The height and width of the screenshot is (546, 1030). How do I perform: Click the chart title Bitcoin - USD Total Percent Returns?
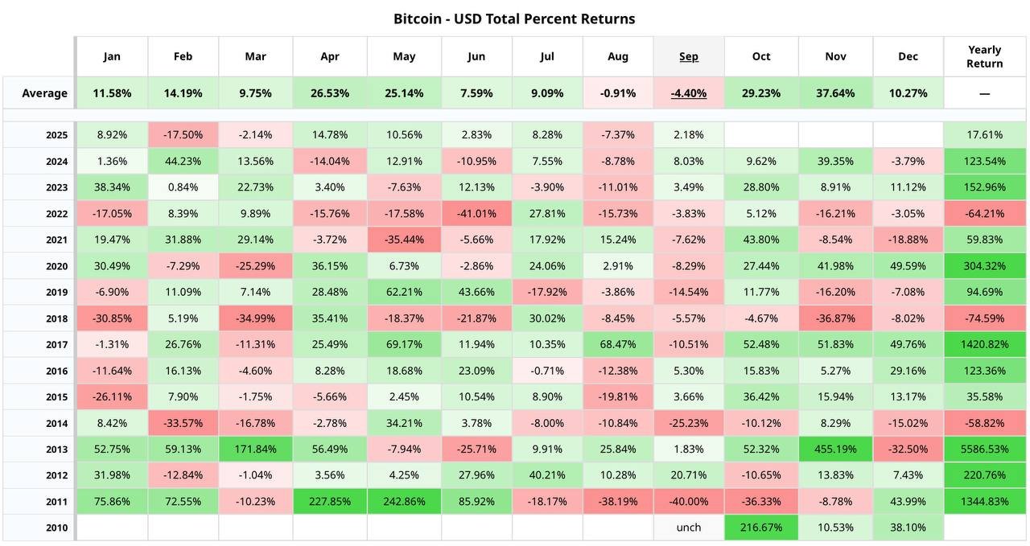[x=514, y=18]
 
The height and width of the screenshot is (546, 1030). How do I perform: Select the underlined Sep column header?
[x=689, y=56]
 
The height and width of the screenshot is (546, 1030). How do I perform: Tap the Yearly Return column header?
[x=985, y=57]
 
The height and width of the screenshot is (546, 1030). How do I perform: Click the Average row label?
[x=45, y=93]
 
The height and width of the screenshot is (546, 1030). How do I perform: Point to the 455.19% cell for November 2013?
[x=835, y=450]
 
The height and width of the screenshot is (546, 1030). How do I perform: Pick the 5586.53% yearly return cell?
[x=985, y=450]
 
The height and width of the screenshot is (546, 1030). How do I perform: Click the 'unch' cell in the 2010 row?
[x=689, y=528]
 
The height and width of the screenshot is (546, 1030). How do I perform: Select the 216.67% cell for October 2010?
[x=761, y=528]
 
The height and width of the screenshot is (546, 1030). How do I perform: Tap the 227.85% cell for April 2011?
[x=330, y=502]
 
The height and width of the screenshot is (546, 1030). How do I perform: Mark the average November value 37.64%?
[x=835, y=93]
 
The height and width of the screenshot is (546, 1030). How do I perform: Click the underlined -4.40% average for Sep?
[x=689, y=93]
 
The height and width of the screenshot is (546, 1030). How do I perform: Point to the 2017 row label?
[x=57, y=345]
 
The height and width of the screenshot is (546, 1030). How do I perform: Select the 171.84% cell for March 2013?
[x=256, y=450]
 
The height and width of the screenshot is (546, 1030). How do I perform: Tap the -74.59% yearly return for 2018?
[x=985, y=318]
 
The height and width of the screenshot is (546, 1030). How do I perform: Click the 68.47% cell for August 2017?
[x=618, y=345]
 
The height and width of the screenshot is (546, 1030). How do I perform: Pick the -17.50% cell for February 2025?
[x=183, y=135]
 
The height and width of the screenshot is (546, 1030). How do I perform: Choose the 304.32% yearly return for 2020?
[x=985, y=266]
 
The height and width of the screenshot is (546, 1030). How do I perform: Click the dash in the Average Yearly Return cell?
[x=985, y=93]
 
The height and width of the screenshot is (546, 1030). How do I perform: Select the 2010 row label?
[x=57, y=528]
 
